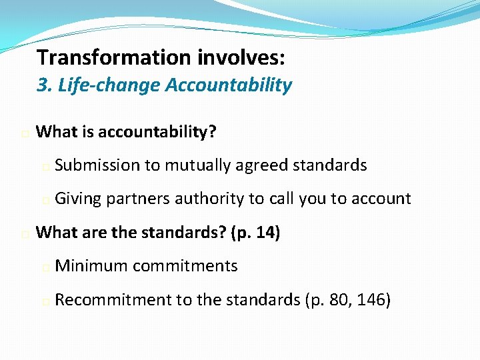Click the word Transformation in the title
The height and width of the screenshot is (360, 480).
click(x=114, y=58)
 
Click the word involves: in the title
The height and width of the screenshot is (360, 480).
click(x=241, y=58)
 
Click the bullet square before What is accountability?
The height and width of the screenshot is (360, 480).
click(x=24, y=134)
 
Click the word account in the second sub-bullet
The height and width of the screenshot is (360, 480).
click(x=381, y=198)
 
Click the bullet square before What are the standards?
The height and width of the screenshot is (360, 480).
click(x=24, y=235)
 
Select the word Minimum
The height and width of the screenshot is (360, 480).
click(x=91, y=266)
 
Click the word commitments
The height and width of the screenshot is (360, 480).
click(x=185, y=266)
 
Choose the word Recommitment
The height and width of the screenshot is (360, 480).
click(x=113, y=300)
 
